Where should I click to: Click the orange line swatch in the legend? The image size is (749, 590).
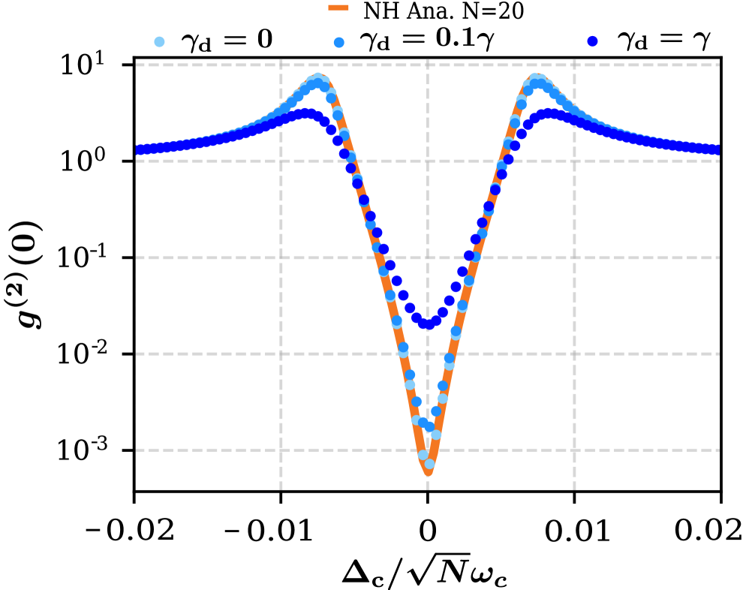point(338,8)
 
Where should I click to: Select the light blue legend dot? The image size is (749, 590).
point(159,42)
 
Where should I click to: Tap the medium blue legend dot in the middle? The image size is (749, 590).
point(339,43)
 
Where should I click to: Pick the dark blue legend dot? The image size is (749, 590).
point(592,41)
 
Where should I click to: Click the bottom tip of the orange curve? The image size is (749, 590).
point(429,473)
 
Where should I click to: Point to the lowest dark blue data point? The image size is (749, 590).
point(428,324)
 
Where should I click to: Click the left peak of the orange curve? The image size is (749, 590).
point(318,77)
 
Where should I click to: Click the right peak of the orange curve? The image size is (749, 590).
point(537,77)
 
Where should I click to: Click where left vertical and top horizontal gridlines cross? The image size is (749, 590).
point(281,65)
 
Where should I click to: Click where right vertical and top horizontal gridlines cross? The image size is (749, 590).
point(574,65)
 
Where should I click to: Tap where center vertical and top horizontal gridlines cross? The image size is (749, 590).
point(428,65)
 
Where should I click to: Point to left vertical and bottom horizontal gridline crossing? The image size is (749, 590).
point(281,450)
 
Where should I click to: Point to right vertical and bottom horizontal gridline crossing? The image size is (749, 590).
point(574,450)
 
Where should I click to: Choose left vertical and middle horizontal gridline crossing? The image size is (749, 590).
point(281,257)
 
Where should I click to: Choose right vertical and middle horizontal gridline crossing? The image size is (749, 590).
point(574,257)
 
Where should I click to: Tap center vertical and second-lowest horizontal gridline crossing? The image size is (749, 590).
point(428,354)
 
